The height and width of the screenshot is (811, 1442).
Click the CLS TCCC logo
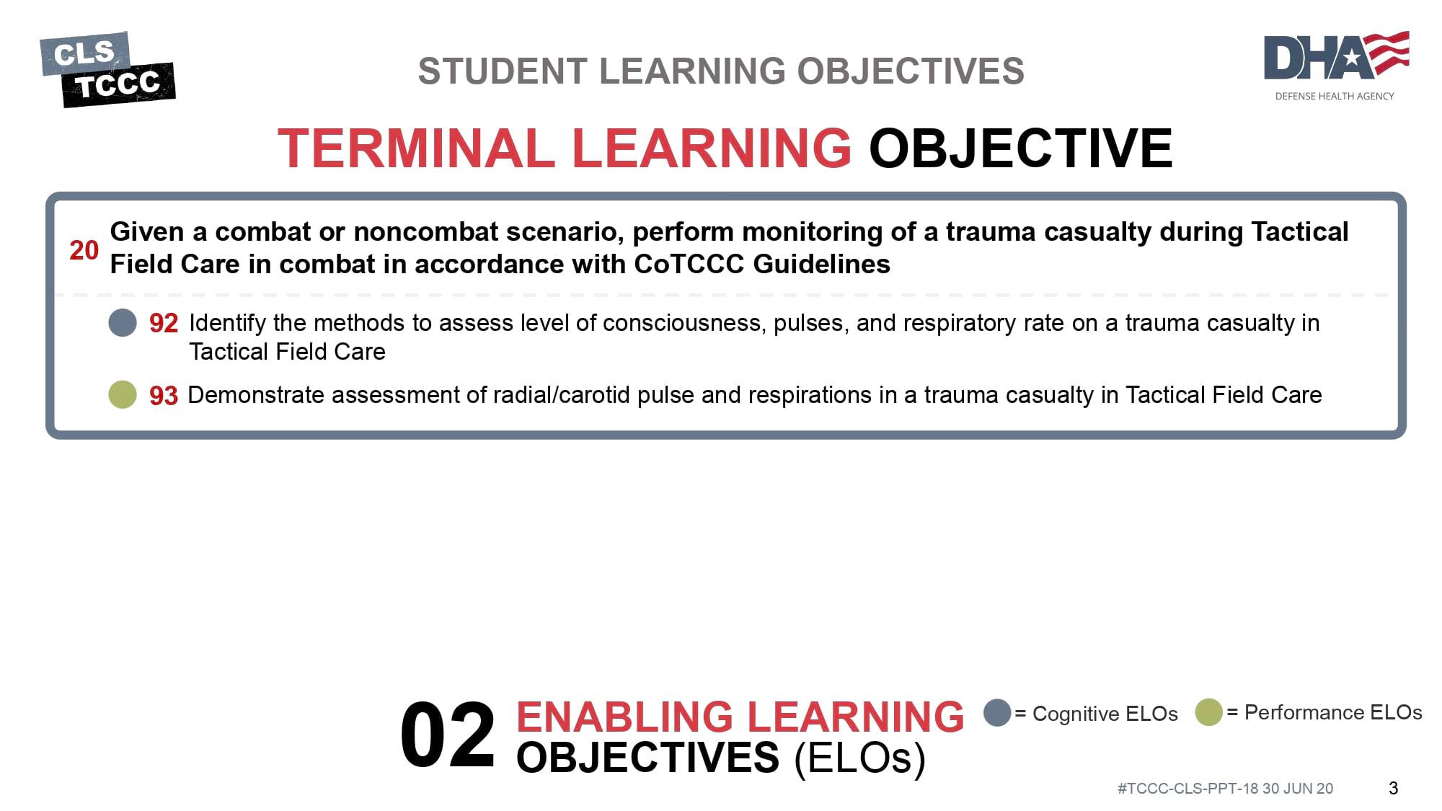(x=107, y=69)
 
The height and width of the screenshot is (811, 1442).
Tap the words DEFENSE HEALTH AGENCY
(x=1335, y=96)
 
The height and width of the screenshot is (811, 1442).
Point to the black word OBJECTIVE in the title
(x=1021, y=148)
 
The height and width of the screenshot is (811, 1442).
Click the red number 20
(x=84, y=250)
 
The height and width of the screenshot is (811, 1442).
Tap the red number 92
(x=164, y=323)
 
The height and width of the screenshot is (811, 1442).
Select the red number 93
(x=164, y=395)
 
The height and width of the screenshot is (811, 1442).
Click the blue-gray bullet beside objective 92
(x=123, y=322)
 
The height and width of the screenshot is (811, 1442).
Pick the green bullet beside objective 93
(x=123, y=394)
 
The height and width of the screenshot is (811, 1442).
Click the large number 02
(x=448, y=735)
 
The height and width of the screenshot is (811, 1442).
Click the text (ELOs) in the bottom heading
(x=859, y=758)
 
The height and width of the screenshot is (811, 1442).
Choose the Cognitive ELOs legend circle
(x=997, y=712)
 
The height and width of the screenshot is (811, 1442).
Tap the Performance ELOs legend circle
(x=1208, y=712)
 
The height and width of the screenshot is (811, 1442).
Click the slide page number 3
(x=1393, y=788)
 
